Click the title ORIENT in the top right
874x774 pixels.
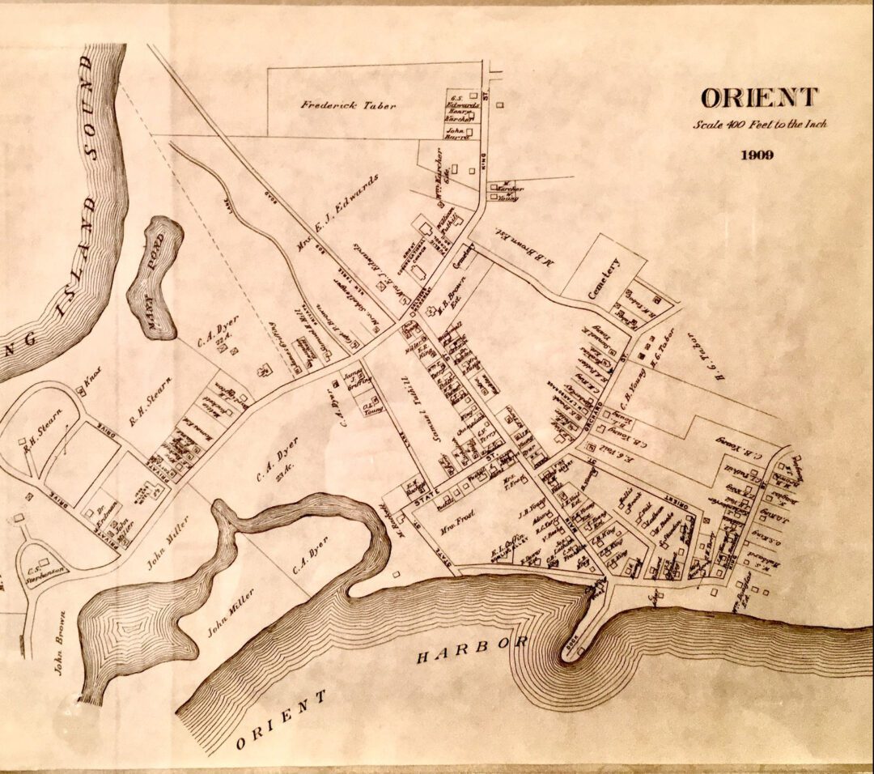pos(758,98)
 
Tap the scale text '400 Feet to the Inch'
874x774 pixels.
pos(759,125)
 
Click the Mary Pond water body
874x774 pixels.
pos(155,276)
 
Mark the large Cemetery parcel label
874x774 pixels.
pos(605,277)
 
